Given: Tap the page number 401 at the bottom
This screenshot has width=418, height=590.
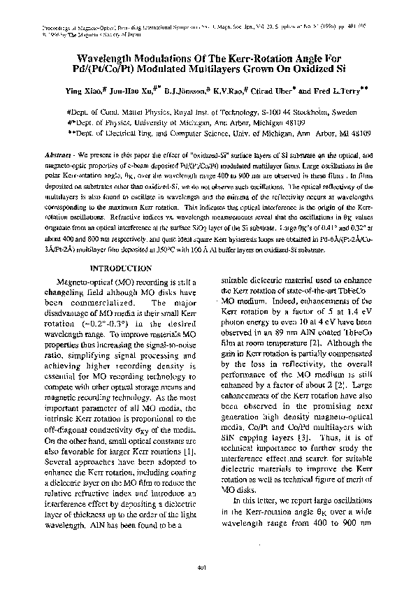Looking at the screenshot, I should [x=208, y=567].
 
